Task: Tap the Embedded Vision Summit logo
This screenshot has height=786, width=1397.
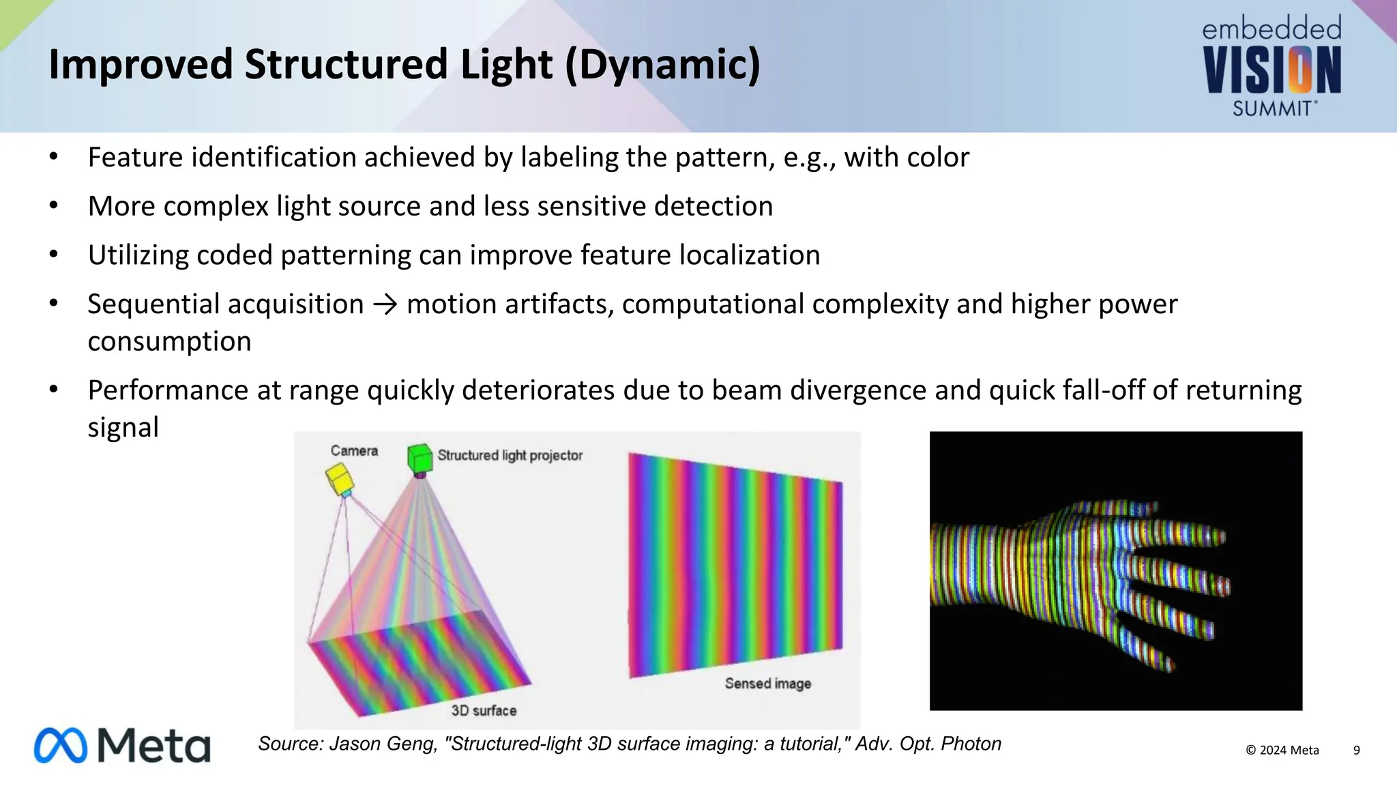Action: [x=1272, y=67]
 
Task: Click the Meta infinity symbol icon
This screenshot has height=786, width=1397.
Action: [x=61, y=745]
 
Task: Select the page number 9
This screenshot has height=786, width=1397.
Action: [x=1356, y=750]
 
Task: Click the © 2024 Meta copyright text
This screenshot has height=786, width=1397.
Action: [x=1282, y=750]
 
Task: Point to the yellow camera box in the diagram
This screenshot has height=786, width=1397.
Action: [x=339, y=479]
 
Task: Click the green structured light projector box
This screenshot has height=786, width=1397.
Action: [x=420, y=458]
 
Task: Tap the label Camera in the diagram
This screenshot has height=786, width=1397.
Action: [x=354, y=451]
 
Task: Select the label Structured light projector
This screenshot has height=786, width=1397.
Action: [x=510, y=455]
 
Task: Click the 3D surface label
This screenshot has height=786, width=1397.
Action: [x=484, y=710]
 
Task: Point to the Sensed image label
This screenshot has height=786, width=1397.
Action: [x=767, y=683]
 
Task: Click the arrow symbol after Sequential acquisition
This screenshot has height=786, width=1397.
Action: [x=385, y=304]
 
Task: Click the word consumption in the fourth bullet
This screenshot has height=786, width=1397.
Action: [x=169, y=341]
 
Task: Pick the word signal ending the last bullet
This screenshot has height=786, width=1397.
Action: [x=123, y=428]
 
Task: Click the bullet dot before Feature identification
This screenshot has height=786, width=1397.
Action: [x=54, y=157]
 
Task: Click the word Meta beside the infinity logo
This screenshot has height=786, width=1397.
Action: [x=154, y=745]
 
